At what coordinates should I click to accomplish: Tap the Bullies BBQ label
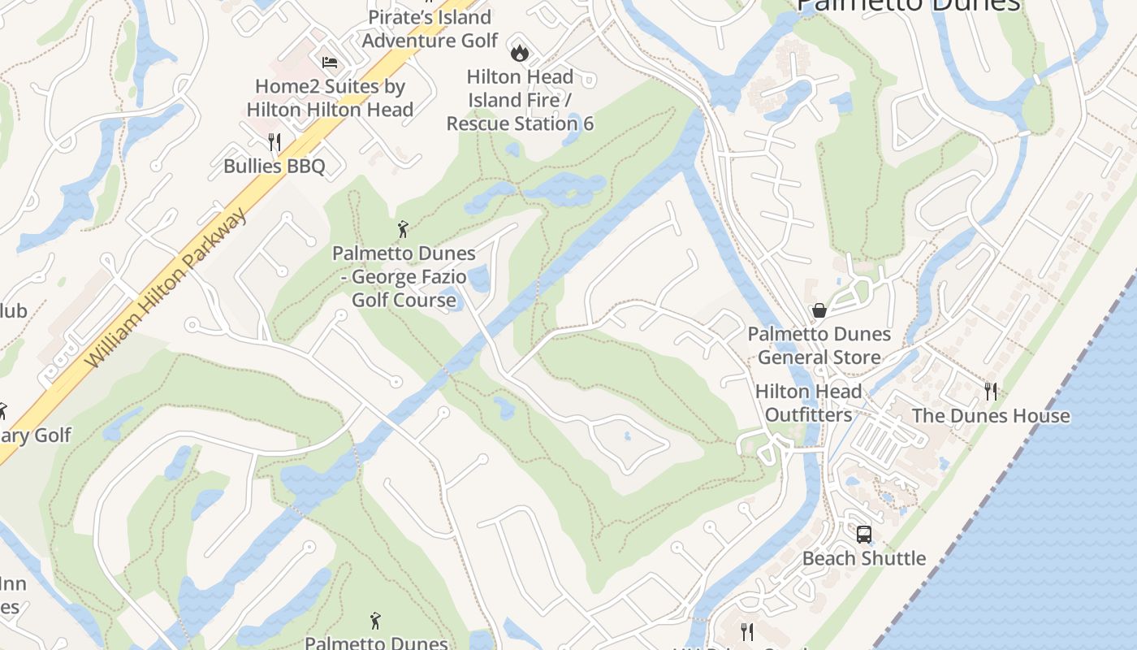(x=275, y=167)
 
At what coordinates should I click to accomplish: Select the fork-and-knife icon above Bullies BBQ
(x=275, y=143)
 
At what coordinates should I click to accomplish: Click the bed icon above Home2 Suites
(x=329, y=62)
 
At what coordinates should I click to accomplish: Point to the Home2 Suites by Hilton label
(x=330, y=98)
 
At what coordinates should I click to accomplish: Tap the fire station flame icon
(x=519, y=54)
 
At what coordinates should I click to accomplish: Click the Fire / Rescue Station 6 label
(x=520, y=101)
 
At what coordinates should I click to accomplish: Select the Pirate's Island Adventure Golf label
(x=430, y=28)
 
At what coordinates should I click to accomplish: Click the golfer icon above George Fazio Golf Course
(x=403, y=230)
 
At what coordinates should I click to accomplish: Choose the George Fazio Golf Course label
(x=404, y=277)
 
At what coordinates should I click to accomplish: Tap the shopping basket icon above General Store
(x=819, y=310)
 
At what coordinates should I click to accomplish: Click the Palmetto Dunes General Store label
(x=819, y=345)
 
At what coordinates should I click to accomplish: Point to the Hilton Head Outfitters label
(x=809, y=403)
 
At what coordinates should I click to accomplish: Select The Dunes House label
(x=991, y=416)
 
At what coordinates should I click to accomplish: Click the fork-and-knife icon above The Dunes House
(x=991, y=392)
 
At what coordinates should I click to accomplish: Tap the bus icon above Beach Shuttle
(x=864, y=535)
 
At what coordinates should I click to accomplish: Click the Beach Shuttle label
(x=864, y=559)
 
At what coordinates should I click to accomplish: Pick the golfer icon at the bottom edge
(x=375, y=622)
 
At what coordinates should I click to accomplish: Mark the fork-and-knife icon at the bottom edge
(x=747, y=631)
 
